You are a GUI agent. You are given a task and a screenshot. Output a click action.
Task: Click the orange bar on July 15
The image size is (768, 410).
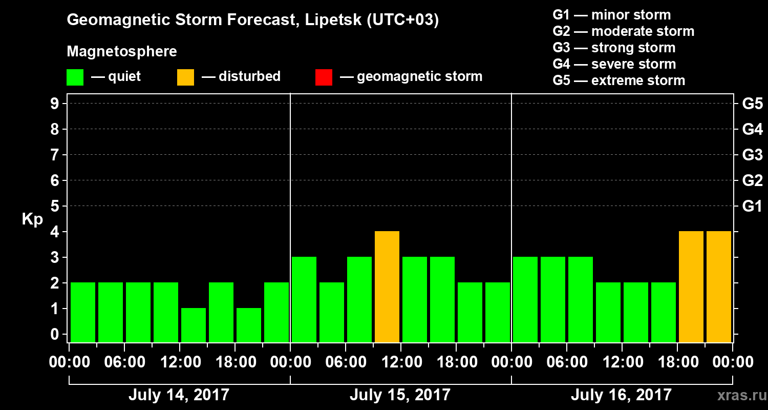(x=387, y=286)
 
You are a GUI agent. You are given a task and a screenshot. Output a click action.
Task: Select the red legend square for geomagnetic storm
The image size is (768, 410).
(x=324, y=77)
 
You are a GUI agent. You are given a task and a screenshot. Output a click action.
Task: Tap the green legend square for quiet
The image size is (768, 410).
(x=75, y=77)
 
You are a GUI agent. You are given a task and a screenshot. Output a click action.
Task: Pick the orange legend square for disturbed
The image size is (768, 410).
(x=185, y=77)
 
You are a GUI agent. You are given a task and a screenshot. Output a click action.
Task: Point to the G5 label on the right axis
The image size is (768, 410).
(x=752, y=104)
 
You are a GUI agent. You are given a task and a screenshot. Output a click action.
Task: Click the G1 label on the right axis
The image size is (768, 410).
(x=752, y=207)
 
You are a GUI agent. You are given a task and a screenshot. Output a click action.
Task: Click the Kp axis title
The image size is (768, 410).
(x=32, y=219)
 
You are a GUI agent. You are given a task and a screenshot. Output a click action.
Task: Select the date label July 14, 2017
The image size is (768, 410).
(x=179, y=395)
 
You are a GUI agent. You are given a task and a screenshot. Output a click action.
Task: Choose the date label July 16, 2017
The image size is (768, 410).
(x=621, y=395)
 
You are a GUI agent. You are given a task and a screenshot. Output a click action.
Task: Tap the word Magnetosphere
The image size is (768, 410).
(x=122, y=52)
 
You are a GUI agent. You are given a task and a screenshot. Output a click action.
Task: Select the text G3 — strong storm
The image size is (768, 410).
(x=614, y=48)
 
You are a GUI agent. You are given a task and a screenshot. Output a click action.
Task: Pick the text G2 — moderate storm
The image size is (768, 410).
(x=623, y=31)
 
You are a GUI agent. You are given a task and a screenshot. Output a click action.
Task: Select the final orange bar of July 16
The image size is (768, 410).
(x=719, y=286)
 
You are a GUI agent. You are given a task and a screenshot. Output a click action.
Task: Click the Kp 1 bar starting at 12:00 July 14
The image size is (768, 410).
(x=194, y=325)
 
